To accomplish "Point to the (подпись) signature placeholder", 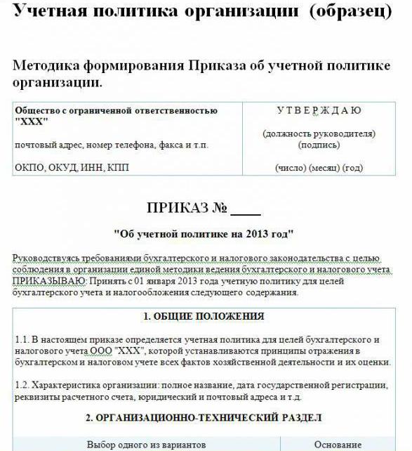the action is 319,145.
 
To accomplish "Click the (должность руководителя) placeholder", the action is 319,133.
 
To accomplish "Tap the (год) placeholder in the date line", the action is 352,168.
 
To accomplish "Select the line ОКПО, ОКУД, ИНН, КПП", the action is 72,168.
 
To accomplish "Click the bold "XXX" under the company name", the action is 31,122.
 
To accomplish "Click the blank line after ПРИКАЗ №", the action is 245,209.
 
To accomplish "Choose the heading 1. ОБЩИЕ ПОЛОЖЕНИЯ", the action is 204,316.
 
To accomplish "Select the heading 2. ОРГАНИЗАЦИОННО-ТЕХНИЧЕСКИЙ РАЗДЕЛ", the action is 204,418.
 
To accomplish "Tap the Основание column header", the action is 338,445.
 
